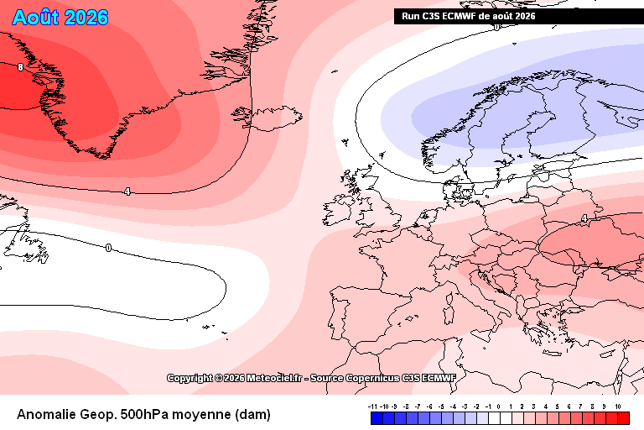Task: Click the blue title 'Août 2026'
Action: pos(60,18)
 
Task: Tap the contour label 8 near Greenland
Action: pos(20,66)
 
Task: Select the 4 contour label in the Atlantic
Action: pos(127,191)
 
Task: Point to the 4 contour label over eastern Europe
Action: pos(584,218)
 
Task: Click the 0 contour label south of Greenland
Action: pos(108,248)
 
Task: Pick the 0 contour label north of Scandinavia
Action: pos(497,27)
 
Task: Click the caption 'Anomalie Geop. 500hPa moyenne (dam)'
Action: pos(143,414)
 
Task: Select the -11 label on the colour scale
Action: pos(372,406)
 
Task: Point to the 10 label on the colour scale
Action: pos(618,406)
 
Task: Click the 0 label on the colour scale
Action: pos(499,406)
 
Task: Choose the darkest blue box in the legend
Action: pos(377,418)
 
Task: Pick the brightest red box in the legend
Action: pos(624,418)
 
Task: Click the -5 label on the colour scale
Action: pos(441,406)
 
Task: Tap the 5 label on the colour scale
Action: pos(558,406)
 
